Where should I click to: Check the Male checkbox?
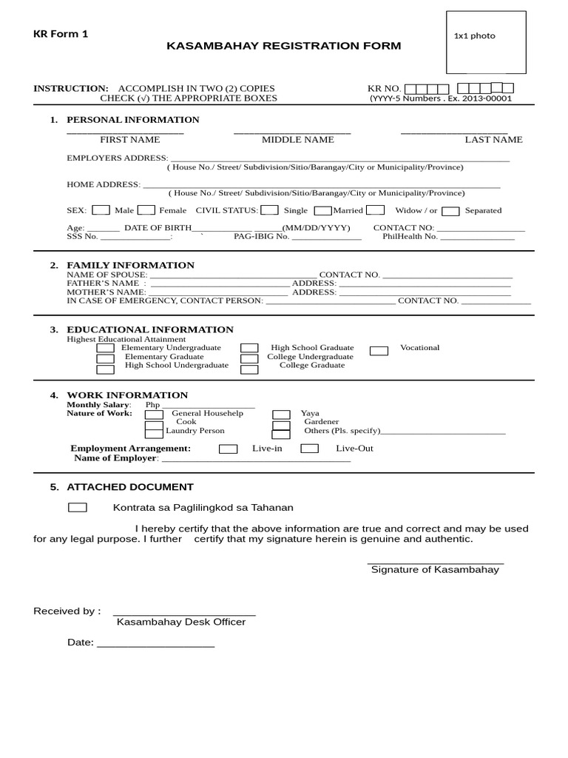click(101, 210)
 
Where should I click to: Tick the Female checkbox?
click(146, 210)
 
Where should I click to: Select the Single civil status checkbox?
click(270, 210)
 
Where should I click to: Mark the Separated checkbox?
click(451, 211)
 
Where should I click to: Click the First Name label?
click(129, 139)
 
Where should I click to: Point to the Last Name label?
click(493, 139)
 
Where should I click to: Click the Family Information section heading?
click(131, 265)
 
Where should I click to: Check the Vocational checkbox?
click(379, 350)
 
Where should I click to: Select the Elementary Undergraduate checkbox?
click(106, 348)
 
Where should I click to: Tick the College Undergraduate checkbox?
click(249, 358)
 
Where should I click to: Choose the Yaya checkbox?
click(281, 415)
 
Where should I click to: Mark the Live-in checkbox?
click(229, 449)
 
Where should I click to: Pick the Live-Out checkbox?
click(310, 449)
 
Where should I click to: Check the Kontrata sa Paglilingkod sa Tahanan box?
click(77, 508)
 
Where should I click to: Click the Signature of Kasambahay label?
click(435, 570)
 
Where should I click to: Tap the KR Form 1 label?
click(61, 34)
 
